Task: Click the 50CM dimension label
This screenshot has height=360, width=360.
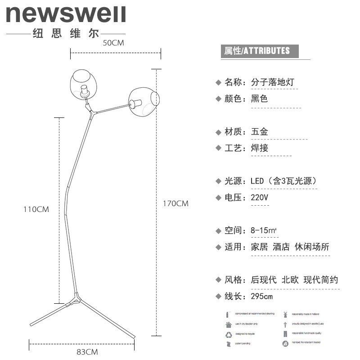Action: click(x=113, y=43)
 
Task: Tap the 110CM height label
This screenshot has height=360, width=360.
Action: click(x=37, y=209)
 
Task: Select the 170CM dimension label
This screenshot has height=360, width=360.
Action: click(x=175, y=203)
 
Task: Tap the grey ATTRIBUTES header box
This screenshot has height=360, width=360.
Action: click(x=260, y=50)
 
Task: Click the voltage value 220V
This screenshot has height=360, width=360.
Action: click(x=259, y=198)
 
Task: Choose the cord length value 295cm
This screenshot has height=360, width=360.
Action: click(x=261, y=297)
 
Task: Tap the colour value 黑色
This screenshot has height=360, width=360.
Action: click(x=259, y=99)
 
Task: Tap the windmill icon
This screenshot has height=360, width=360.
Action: click(x=285, y=314)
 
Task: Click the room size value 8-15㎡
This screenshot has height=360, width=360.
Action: click(x=264, y=230)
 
